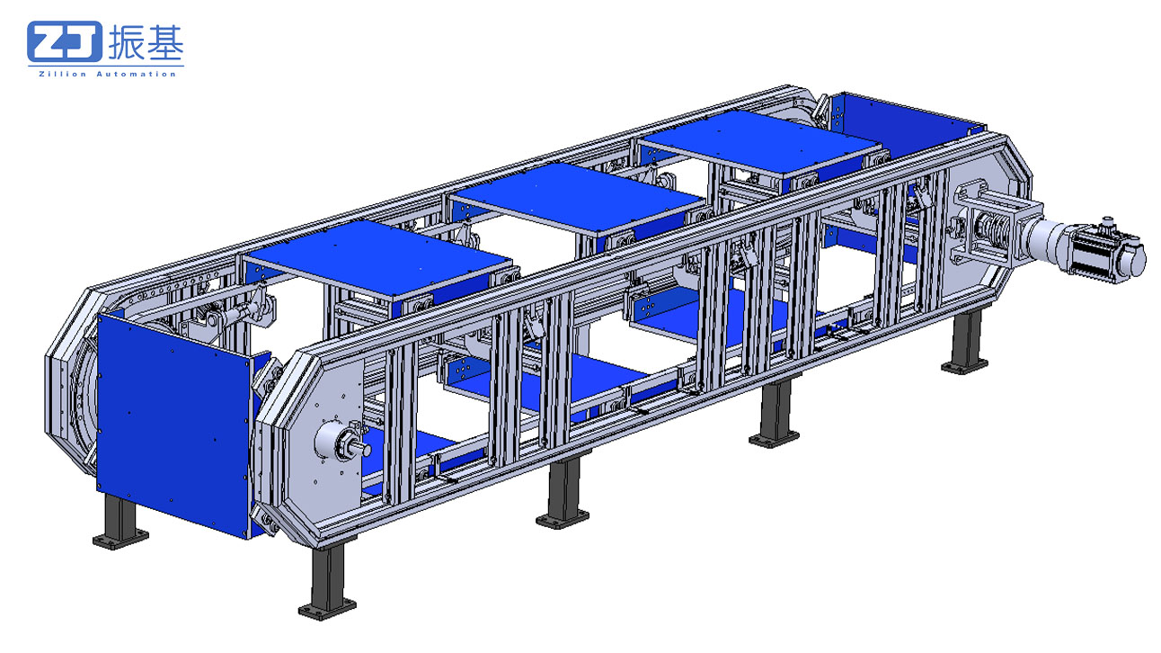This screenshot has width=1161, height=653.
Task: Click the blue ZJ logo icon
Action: coord(65,41)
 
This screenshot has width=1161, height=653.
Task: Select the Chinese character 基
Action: coord(165,41)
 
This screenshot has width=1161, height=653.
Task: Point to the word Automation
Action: coord(137,74)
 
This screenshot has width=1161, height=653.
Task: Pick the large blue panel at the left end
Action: coord(173,423)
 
